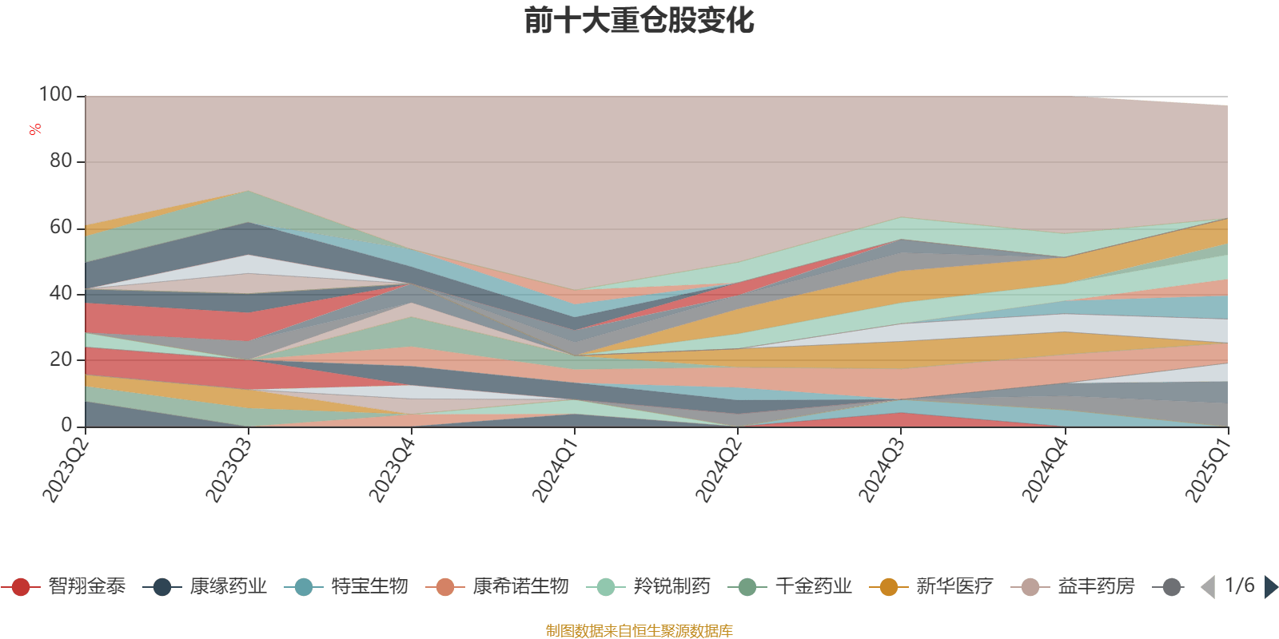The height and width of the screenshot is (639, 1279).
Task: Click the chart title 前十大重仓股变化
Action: pyautogui.click(x=639, y=22)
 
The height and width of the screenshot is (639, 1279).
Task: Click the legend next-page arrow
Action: pyautogui.click(x=1271, y=587)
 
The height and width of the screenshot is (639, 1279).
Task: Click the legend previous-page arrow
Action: pyautogui.click(x=1208, y=587)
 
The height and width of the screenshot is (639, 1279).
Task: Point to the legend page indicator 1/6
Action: pyautogui.click(x=1240, y=585)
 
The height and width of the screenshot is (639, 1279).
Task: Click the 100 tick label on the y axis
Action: pyautogui.click(x=55, y=95)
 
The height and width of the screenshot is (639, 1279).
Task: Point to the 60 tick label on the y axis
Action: pyautogui.click(x=61, y=228)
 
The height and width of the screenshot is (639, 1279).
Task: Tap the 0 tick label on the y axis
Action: pyautogui.click(x=67, y=426)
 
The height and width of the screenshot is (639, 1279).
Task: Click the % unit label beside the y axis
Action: pyautogui.click(x=34, y=129)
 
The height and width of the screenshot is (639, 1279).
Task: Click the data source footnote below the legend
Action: pyautogui.click(x=639, y=631)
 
